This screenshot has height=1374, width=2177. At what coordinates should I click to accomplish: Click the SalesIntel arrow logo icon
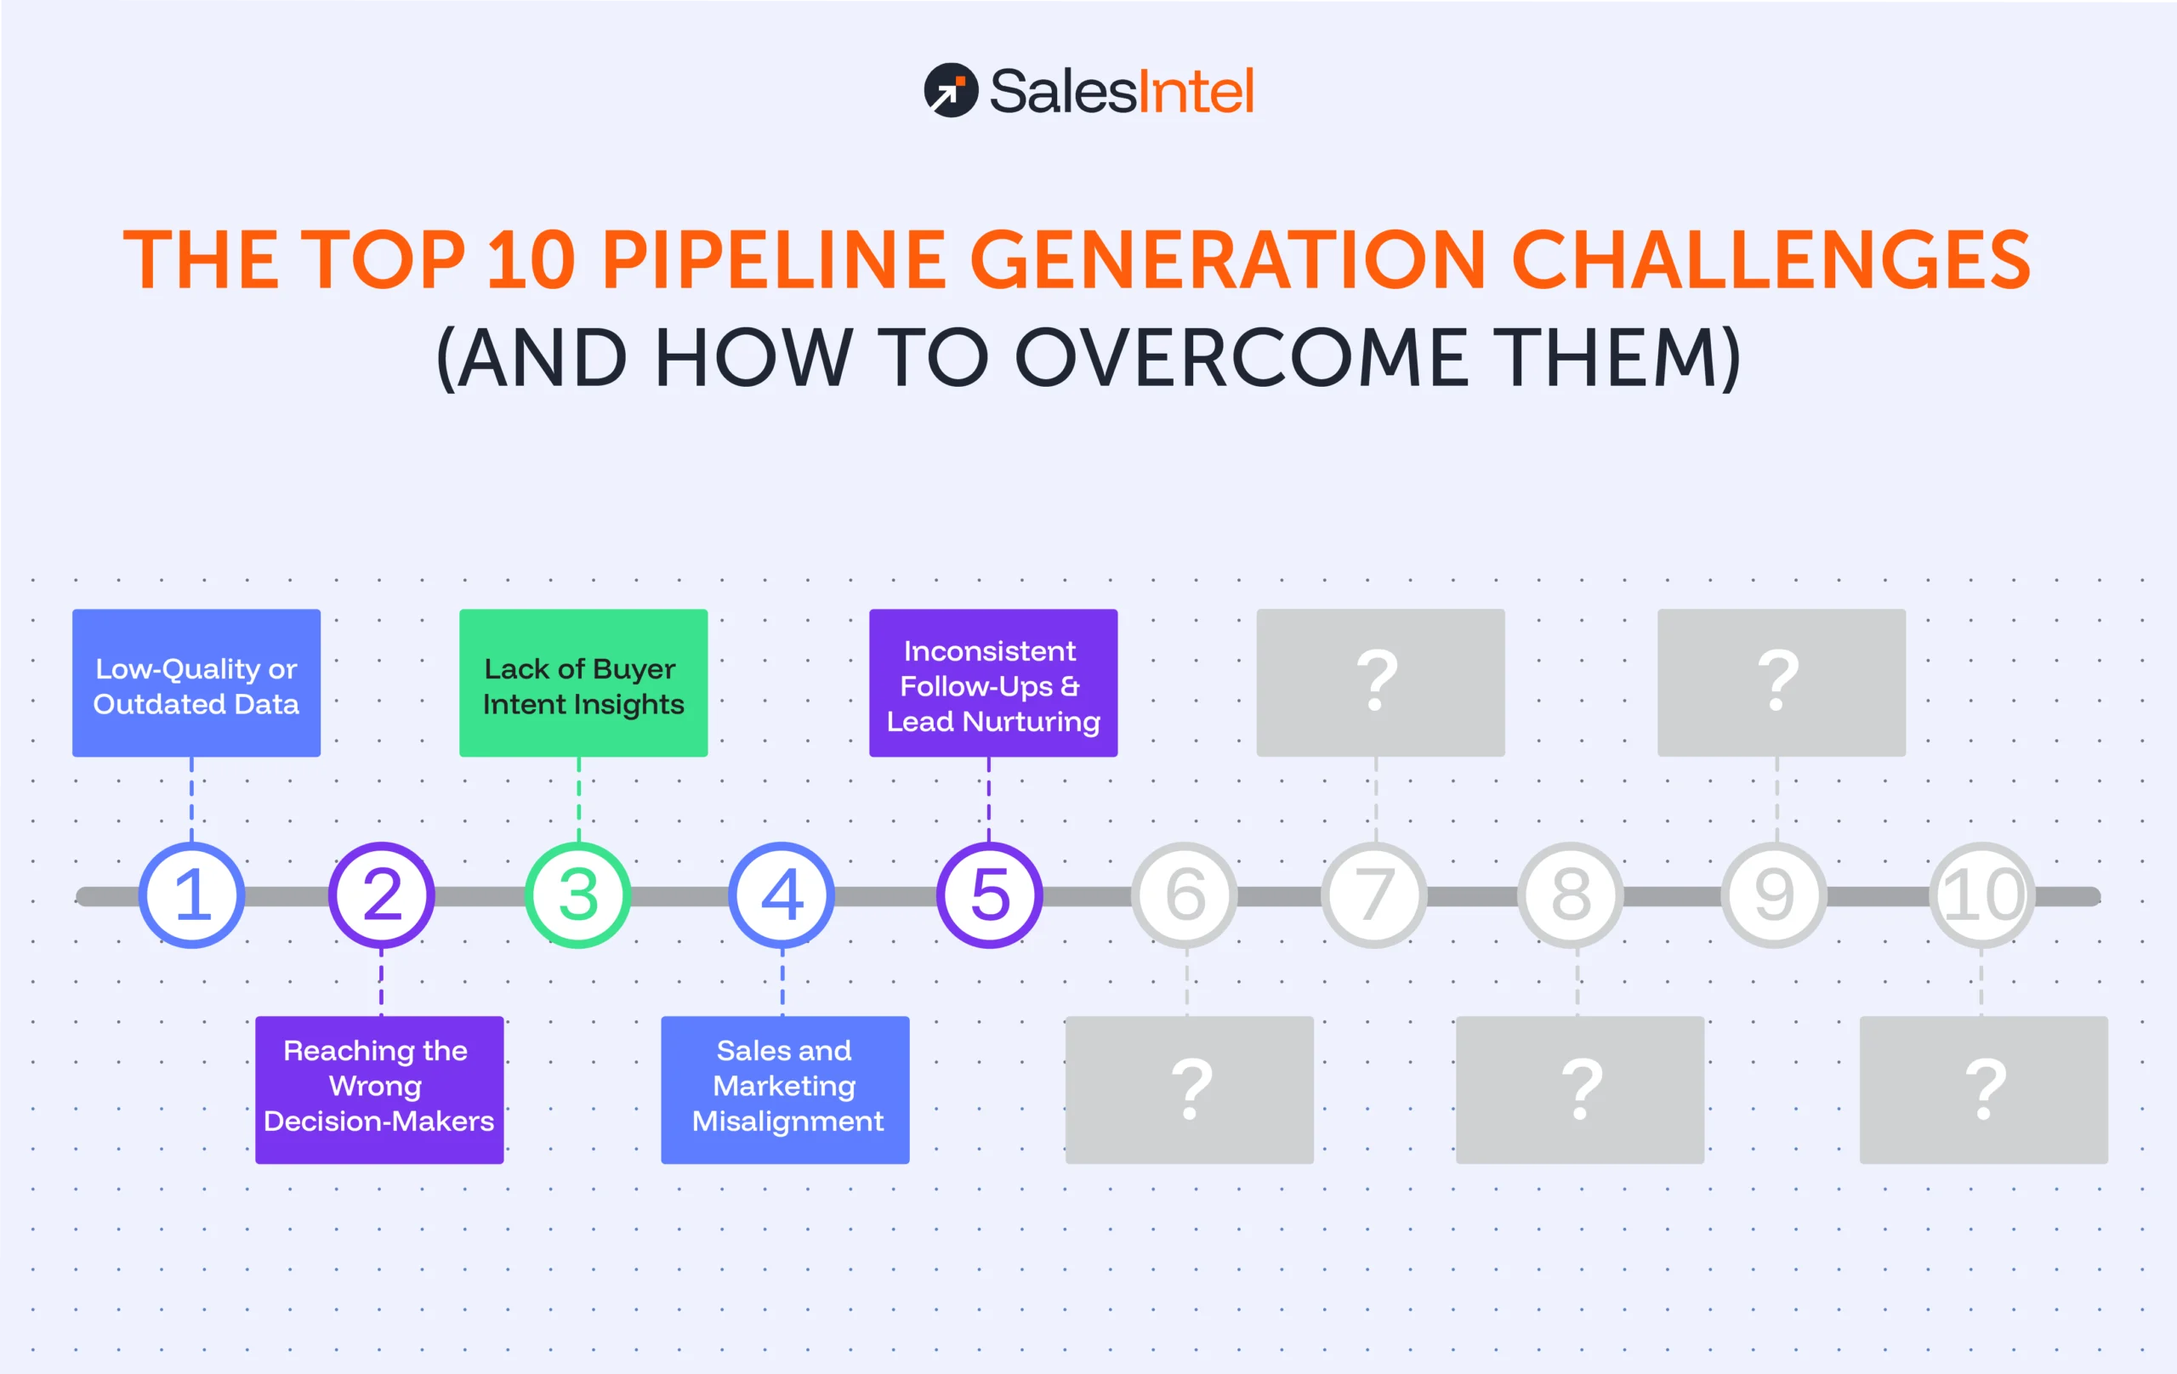coord(950,89)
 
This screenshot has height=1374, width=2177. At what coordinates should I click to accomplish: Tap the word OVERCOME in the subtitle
coord(1242,358)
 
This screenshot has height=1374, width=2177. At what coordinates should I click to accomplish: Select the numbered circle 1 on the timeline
coord(191,895)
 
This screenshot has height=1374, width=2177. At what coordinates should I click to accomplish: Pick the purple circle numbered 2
coord(382,895)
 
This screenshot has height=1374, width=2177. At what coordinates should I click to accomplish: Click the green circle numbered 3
coord(578,895)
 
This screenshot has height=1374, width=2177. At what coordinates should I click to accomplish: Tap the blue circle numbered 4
coord(782,895)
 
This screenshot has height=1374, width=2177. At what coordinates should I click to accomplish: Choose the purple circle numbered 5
coord(989,895)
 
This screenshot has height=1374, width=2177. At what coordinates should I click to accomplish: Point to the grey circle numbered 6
coord(1185,895)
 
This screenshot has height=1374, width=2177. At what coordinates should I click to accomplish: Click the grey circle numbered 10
coord(1981,895)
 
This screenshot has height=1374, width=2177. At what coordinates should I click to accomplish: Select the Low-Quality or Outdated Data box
coord(196,684)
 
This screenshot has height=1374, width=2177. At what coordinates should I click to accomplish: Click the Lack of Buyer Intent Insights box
coord(583,684)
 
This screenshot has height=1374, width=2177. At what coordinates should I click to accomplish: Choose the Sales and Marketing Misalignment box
coord(785,1089)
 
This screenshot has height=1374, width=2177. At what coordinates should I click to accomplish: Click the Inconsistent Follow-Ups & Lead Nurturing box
coord(992,684)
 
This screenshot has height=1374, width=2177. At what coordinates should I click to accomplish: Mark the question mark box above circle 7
coord(1379,684)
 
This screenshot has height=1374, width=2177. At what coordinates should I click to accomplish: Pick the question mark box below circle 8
coord(1579,1089)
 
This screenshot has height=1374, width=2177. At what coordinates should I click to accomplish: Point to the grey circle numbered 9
coord(1774,895)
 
